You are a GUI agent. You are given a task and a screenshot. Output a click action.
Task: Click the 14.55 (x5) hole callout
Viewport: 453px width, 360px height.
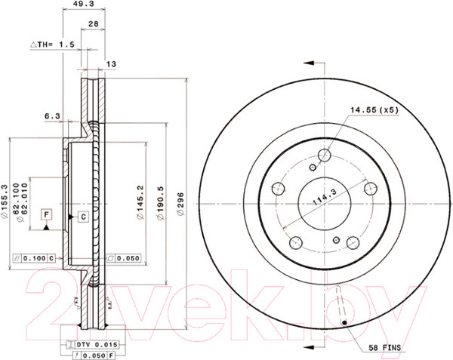tap(373, 111)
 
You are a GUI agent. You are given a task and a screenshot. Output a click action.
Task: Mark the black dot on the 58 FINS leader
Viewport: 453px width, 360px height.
tap(346, 325)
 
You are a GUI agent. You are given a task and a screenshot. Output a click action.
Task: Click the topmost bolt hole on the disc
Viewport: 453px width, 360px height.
tap(325, 155)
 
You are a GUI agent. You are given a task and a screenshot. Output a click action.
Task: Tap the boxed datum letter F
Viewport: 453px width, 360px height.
tap(46, 216)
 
